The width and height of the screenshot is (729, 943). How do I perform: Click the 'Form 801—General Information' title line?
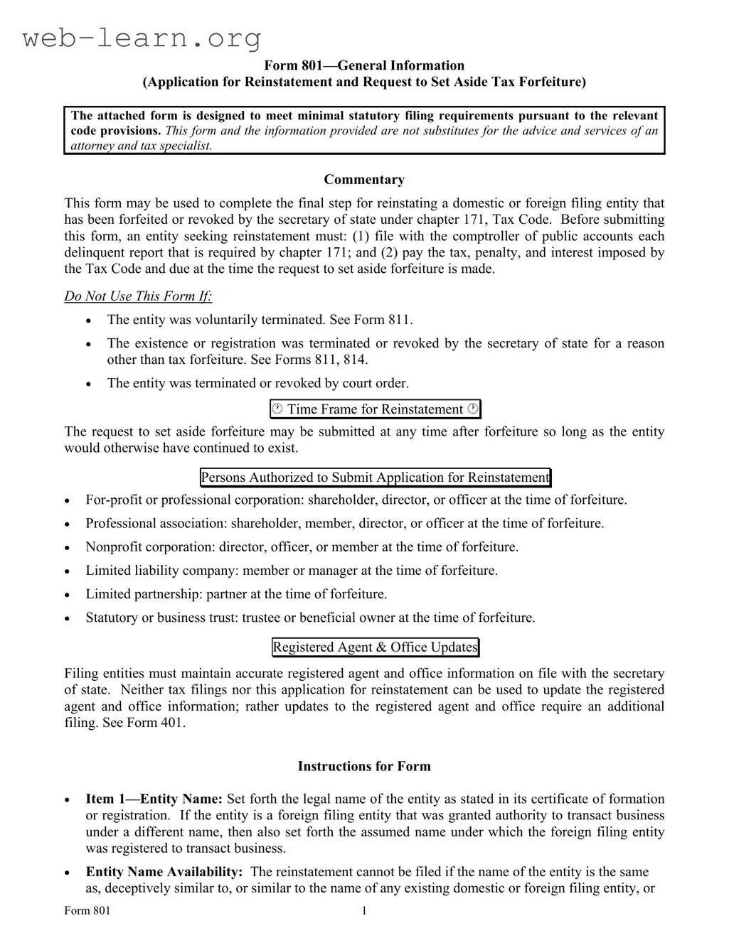tap(364, 65)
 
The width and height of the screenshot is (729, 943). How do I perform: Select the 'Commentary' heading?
tap(364, 180)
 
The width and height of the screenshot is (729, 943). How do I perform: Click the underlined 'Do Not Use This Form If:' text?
tap(138, 296)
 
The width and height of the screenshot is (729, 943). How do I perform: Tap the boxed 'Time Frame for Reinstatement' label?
tap(375, 409)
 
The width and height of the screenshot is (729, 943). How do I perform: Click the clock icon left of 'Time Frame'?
tap(277, 409)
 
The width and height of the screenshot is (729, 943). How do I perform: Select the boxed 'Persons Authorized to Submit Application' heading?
tap(375, 478)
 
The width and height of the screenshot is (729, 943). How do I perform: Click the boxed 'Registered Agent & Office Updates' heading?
tap(375, 647)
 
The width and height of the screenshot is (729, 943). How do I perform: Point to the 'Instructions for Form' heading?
tap(364, 766)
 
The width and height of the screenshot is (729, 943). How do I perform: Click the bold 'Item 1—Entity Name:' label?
tap(154, 799)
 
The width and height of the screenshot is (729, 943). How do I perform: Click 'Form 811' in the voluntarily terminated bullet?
tap(388, 320)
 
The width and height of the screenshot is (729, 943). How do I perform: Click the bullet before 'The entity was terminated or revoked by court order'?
tap(89, 384)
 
